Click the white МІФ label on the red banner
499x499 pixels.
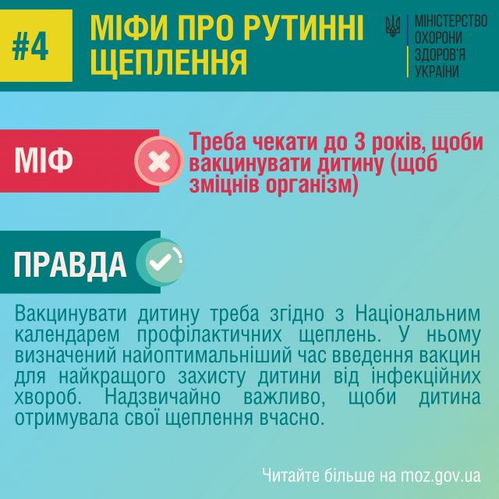pos(44,161)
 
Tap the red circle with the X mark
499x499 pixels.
pos(159,161)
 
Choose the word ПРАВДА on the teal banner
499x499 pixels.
pos(70,265)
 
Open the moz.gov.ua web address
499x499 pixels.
pos(442,475)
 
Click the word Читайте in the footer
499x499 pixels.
pos(289,475)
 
